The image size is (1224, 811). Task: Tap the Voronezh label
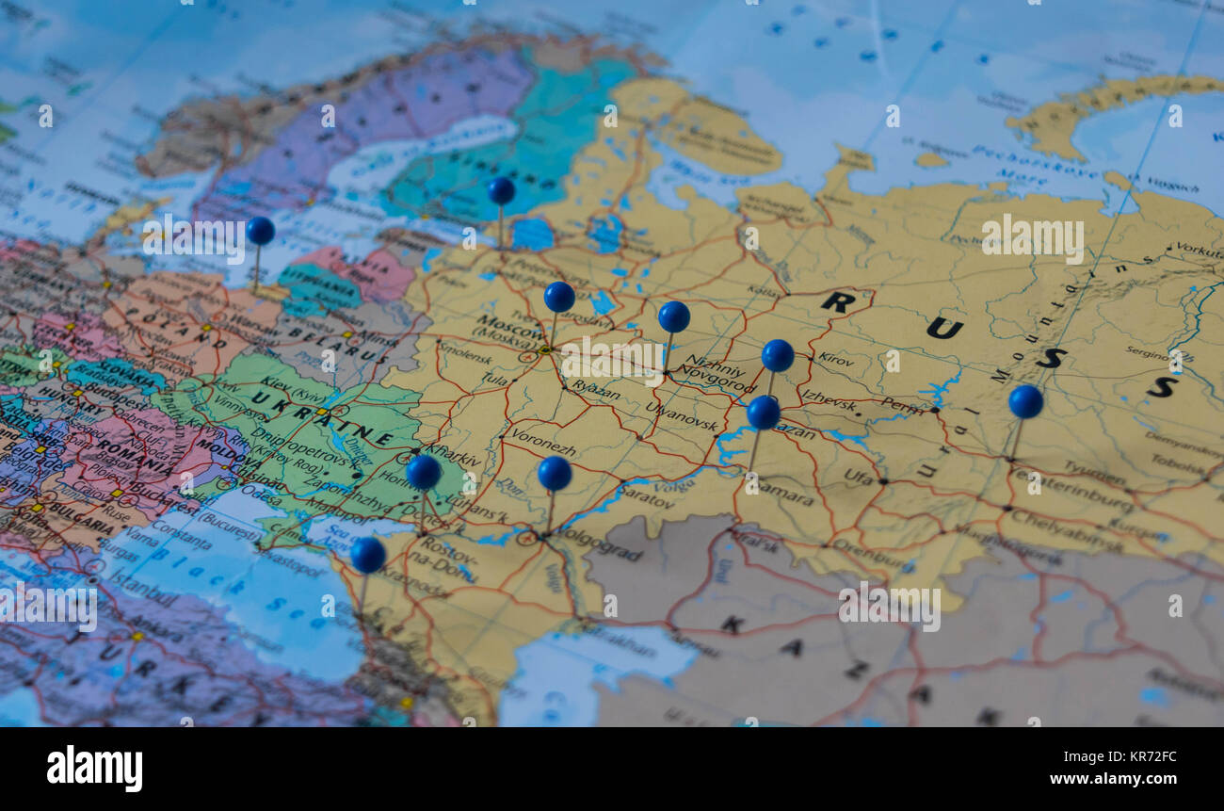(x=543, y=441)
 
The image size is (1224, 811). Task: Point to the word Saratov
(x=647, y=496)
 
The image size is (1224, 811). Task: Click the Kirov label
(x=836, y=358)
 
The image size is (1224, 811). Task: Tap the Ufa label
(x=858, y=477)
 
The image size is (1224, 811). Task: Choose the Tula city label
(x=493, y=379)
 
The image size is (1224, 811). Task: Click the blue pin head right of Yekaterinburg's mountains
(x=1025, y=401)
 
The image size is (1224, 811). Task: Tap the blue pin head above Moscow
(x=559, y=297)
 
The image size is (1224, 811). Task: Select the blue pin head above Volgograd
(x=555, y=473)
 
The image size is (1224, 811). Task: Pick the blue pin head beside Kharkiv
(x=423, y=472)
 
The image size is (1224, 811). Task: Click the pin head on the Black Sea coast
(x=368, y=555)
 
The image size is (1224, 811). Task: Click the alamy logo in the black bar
(x=94, y=768)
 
